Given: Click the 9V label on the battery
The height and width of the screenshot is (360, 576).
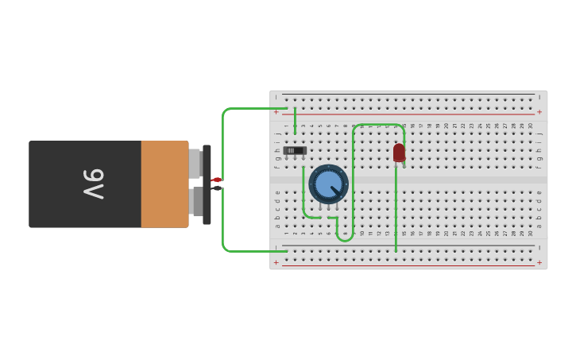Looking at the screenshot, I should pyautogui.click(x=93, y=184).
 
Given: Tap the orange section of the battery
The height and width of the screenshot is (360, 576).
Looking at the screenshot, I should pyautogui.click(x=164, y=184).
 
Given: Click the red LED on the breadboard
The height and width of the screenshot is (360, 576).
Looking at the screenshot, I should pyautogui.click(x=399, y=152).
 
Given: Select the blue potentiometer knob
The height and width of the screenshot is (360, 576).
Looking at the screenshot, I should pyautogui.click(x=327, y=184).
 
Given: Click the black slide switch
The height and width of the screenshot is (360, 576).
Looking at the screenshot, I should pyautogui.click(x=295, y=150).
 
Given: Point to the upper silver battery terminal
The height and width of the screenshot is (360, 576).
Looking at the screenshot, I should pyautogui.click(x=195, y=163).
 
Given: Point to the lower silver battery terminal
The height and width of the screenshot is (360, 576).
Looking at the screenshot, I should pyautogui.click(x=197, y=201).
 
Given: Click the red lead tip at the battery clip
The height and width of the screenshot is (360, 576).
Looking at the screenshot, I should pyautogui.click(x=216, y=180).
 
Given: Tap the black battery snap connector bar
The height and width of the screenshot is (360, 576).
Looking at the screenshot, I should pyautogui.click(x=207, y=184).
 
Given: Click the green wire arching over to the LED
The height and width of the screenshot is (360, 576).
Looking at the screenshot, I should pyautogui.click(x=378, y=125).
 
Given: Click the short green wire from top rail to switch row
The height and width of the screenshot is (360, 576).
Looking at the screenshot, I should pyautogui.click(x=295, y=121).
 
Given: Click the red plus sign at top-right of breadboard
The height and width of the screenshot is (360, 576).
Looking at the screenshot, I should pyautogui.click(x=539, y=112).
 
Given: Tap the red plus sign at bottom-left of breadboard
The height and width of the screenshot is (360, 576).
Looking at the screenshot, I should pyautogui.click(x=276, y=262).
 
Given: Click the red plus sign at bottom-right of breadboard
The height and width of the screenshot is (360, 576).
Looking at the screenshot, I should pyautogui.click(x=539, y=262).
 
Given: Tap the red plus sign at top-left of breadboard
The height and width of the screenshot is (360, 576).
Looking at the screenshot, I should pyautogui.click(x=276, y=112).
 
